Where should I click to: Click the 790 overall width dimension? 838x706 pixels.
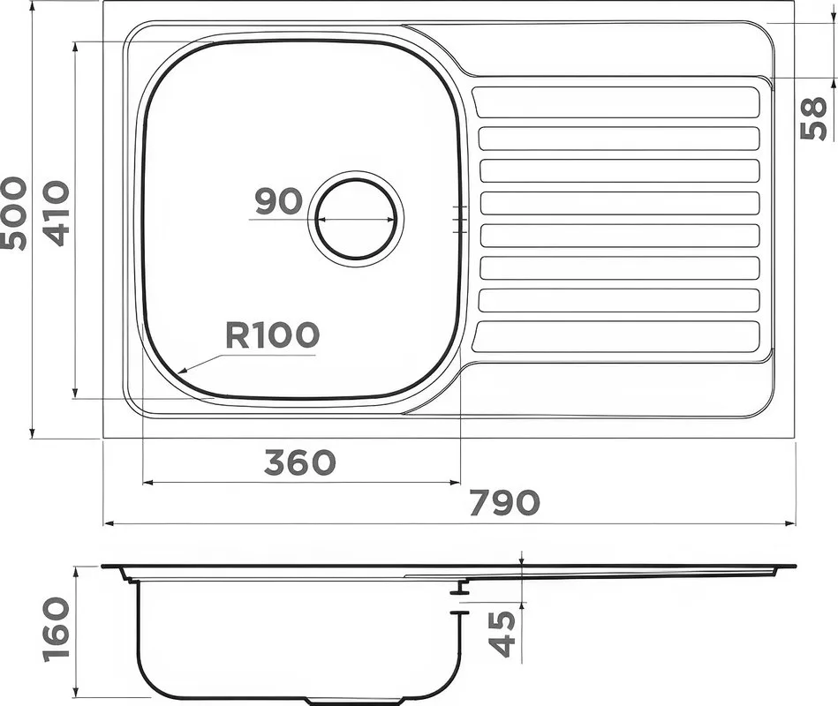(505, 502)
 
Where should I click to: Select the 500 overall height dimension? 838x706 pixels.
(13, 213)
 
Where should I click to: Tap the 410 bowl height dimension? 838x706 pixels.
(57, 213)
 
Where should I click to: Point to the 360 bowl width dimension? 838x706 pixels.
(300, 462)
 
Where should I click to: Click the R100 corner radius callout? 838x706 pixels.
(272, 334)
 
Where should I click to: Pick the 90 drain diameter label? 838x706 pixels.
(278, 201)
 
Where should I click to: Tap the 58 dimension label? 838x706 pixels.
(813, 118)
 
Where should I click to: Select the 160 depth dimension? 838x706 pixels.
(57, 630)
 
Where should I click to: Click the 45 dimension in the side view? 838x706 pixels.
(503, 634)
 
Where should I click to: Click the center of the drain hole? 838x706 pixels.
(356, 219)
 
